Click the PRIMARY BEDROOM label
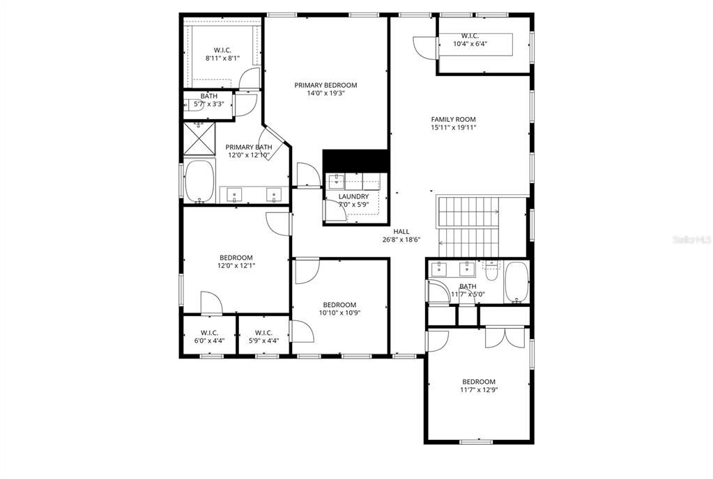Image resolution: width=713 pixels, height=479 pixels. click(x=325, y=85)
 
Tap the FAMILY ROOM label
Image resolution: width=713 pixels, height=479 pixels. click(x=453, y=119)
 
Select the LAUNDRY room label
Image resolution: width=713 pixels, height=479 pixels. click(x=353, y=196)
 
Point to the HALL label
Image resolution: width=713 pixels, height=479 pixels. click(x=401, y=231)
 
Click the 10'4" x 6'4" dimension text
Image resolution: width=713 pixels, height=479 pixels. click(x=470, y=44)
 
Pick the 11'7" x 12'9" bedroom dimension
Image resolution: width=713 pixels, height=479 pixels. click(x=479, y=390)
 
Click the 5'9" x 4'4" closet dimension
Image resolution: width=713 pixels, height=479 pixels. click(x=263, y=341)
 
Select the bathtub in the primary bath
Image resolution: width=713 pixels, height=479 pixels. click(x=201, y=182)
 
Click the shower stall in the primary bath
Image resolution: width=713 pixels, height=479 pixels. click(x=199, y=139)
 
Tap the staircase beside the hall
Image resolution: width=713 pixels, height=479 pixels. click(x=468, y=226)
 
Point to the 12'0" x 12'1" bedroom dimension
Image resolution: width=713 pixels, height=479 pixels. click(x=236, y=265)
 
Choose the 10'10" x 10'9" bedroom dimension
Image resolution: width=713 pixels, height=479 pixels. click(x=339, y=313)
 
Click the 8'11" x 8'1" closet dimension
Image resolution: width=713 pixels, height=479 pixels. click(x=222, y=58)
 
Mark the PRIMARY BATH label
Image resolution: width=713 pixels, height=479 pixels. click(x=249, y=147)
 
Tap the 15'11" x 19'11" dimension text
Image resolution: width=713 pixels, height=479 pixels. click(x=453, y=127)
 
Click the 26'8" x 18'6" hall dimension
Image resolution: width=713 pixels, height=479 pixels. click(x=401, y=239)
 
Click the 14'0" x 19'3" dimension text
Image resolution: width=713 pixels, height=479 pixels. click(x=325, y=93)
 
